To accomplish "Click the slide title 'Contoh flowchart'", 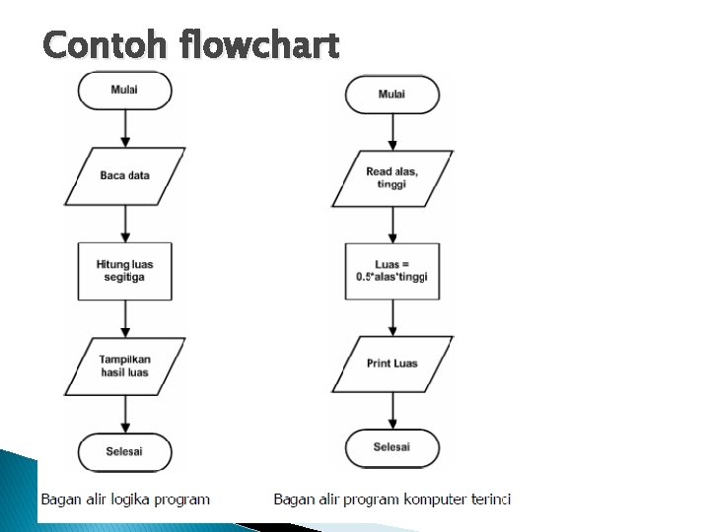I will [191, 45].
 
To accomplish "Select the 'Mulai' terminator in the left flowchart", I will [125, 90].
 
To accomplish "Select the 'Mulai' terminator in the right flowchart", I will [391, 95].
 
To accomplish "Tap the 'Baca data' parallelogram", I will [125, 175].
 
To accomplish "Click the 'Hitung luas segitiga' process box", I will [125, 270].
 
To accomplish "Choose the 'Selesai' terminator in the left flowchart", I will [125, 452].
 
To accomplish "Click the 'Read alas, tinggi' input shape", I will [391, 178].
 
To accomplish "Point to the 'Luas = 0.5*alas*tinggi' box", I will [391, 271].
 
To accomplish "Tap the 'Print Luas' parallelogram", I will [391, 364].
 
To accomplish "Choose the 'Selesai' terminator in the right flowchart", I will [391, 447].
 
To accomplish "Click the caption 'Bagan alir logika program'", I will [125, 499].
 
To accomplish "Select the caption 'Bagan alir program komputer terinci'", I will [391, 499].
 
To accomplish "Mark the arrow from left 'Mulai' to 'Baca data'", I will [125, 128].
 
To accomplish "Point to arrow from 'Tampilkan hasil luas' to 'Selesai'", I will [125, 414].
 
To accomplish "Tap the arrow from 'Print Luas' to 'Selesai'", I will [391, 409].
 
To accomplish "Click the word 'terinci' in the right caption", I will [486, 499].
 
